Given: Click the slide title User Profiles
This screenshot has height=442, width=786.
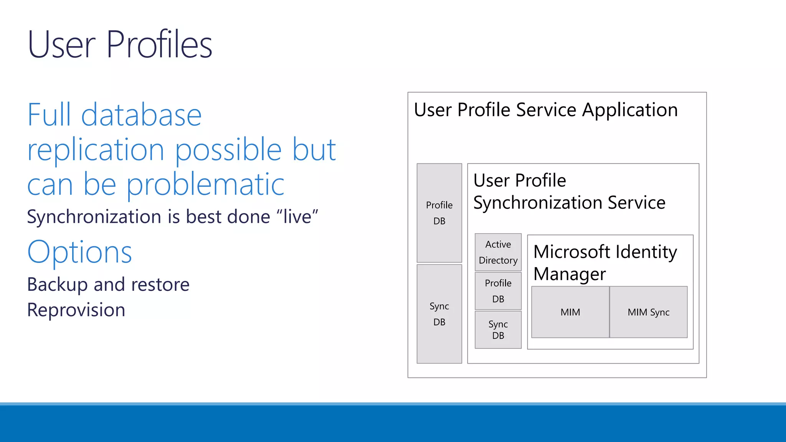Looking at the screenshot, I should tap(120, 45).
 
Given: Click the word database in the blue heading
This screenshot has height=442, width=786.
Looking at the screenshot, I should tap(141, 115).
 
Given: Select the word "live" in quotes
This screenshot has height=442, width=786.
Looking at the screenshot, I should tap(297, 216).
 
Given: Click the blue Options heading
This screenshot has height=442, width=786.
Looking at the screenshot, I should tap(79, 252).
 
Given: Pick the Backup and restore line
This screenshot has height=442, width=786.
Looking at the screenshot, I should tap(108, 285).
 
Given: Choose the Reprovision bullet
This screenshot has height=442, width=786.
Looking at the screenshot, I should tap(76, 310).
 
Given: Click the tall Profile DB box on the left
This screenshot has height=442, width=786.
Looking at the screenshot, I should tap(439, 213).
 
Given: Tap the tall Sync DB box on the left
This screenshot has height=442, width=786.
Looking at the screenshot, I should tap(439, 314).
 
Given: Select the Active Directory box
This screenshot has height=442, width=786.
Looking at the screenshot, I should tap(498, 252).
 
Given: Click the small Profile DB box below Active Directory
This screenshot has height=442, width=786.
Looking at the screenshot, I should tap(498, 291).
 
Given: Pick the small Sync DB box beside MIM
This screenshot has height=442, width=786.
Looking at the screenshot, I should tap(498, 330).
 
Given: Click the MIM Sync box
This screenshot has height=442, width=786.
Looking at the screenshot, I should tap(648, 312).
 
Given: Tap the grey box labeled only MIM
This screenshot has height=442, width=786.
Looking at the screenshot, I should tap(570, 312).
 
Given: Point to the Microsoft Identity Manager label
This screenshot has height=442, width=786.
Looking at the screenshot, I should tap(605, 262).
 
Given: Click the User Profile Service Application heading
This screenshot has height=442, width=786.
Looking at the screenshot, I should tap(546, 110).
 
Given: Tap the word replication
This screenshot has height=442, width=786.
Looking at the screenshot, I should tap(96, 150).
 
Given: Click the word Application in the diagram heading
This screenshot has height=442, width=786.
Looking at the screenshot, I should tap(630, 110).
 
